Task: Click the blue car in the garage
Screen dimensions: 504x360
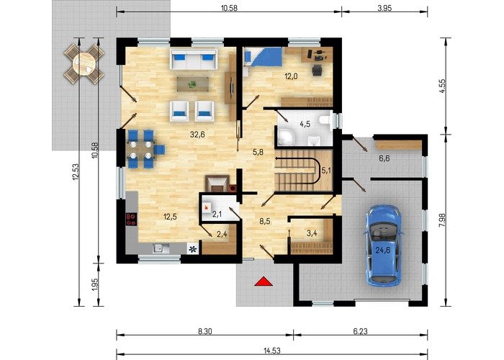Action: tap(384, 245)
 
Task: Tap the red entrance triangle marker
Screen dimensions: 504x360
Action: tap(264, 282)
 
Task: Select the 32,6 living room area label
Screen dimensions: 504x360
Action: tap(197, 135)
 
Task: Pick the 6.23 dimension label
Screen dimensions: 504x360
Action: tap(360, 331)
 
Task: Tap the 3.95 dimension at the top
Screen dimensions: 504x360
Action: tap(384, 9)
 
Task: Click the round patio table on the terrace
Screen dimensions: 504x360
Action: tap(84, 63)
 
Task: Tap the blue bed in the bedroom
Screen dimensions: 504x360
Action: tap(263, 57)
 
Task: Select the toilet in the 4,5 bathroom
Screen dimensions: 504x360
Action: tap(324, 120)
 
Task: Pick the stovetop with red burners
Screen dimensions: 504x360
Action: tap(131, 219)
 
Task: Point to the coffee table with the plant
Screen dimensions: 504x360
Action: tap(192, 84)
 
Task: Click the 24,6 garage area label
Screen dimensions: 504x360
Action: tap(383, 250)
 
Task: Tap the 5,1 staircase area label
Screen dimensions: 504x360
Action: tap(326, 171)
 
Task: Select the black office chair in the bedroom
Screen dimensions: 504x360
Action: tap(317, 70)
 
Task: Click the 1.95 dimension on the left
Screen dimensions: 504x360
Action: tap(95, 284)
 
